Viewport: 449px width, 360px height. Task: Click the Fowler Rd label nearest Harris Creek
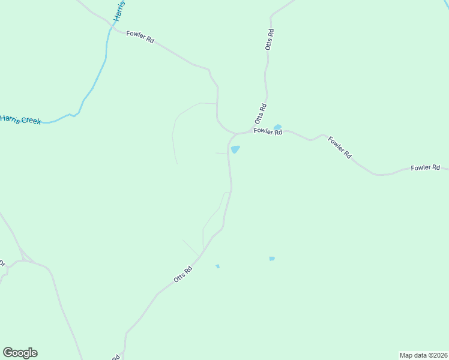click(x=140, y=37)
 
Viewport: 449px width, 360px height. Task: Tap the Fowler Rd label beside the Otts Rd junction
click(x=268, y=131)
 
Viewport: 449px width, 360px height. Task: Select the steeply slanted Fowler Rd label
click(x=339, y=146)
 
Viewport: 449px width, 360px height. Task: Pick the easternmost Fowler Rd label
click(x=426, y=168)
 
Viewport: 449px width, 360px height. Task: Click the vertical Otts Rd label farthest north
click(x=270, y=39)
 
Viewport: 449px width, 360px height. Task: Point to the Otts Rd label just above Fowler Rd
click(x=261, y=113)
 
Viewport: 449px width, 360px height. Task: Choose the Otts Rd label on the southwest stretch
click(x=182, y=274)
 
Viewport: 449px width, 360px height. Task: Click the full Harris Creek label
click(x=20, y=119)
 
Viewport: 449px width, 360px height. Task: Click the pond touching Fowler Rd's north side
click(x=277, y=127)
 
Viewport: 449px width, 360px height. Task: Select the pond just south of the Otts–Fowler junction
click(x=235, y=149)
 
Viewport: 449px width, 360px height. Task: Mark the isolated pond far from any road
click(x=272, y=259)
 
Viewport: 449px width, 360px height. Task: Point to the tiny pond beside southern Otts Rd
click(x=218, y=266)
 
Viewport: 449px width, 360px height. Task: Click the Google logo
click(x=20, y=353)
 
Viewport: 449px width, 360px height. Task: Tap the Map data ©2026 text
click(x=423, y=355)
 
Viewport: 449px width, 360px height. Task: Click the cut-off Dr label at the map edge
click(x=2, y=263)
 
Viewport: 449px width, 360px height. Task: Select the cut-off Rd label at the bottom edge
click(x=116, y=357)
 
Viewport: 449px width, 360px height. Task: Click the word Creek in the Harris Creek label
click(x=31, y=121)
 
